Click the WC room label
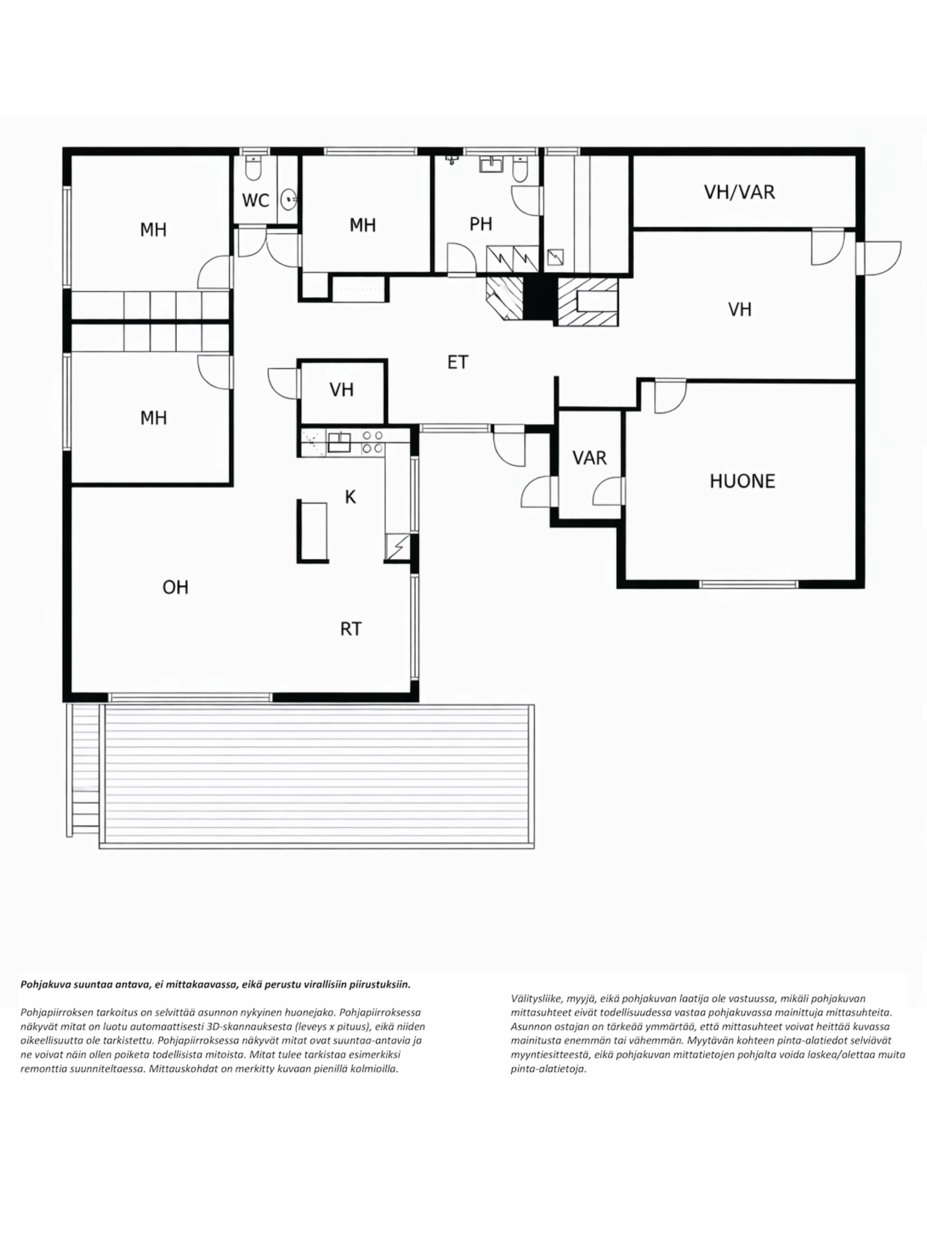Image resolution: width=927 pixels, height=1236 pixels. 255,200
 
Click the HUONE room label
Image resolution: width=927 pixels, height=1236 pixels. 742,481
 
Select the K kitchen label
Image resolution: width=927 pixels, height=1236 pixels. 350,497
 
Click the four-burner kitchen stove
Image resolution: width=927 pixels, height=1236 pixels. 372,441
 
